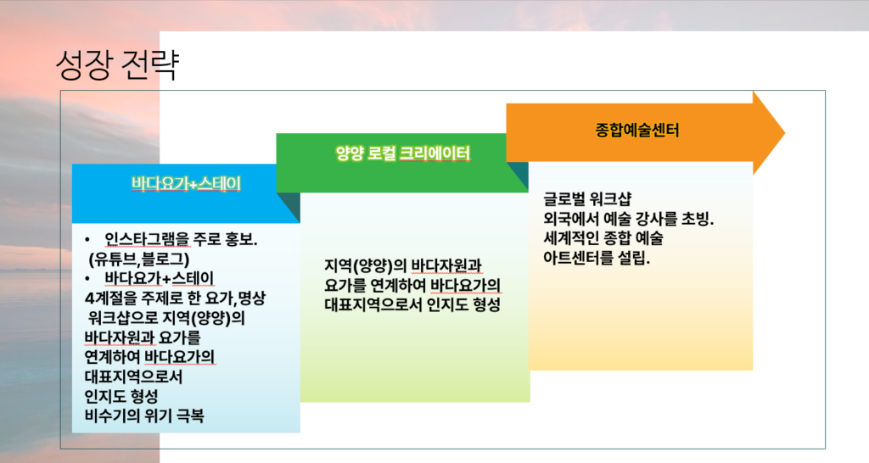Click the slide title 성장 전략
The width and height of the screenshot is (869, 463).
tap(117, 64)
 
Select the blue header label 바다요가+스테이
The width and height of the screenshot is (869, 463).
tap(186, 183)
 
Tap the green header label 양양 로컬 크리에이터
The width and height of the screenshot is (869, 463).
tap(403, 153)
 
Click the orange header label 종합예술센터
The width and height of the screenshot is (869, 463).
tap(636, 130)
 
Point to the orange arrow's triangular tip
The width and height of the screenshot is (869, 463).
tap(784, 133)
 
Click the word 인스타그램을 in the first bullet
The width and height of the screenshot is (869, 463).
tap(147, 239)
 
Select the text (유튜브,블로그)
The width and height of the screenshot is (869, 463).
tap(138, 259)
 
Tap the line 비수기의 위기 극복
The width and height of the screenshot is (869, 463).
tap(144, 416)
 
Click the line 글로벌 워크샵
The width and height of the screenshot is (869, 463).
tap(587, 198)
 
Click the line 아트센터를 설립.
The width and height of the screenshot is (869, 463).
tap(597, 258)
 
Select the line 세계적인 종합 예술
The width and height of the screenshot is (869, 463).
tap(603, 238)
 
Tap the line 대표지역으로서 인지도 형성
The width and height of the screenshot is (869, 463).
tap(412, 304)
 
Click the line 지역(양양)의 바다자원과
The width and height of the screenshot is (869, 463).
tap(403, 265)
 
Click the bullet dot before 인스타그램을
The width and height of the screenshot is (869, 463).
tap(87, 240)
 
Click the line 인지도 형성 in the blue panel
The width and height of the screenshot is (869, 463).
tap(121, 396)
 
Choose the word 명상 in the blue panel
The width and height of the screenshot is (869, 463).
tap(251, 298)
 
